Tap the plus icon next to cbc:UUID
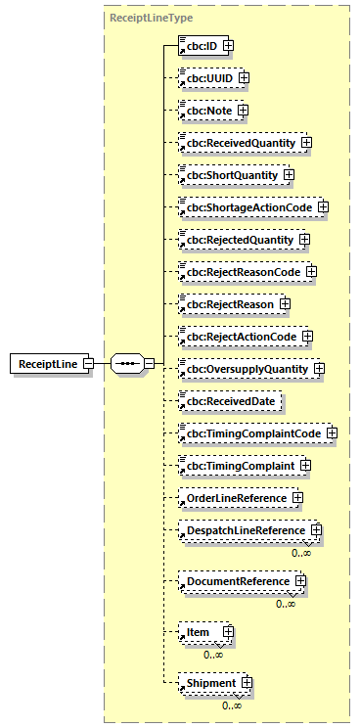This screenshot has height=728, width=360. (244, 76)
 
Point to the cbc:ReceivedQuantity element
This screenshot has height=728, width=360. (238, 143)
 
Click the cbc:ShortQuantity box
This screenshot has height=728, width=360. (229, 175)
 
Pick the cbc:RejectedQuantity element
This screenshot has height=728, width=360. (237, 239)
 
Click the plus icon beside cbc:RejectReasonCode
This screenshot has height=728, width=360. (311, 271)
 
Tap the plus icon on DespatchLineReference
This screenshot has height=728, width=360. (315, 530)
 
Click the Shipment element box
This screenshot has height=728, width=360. (209, 683)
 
